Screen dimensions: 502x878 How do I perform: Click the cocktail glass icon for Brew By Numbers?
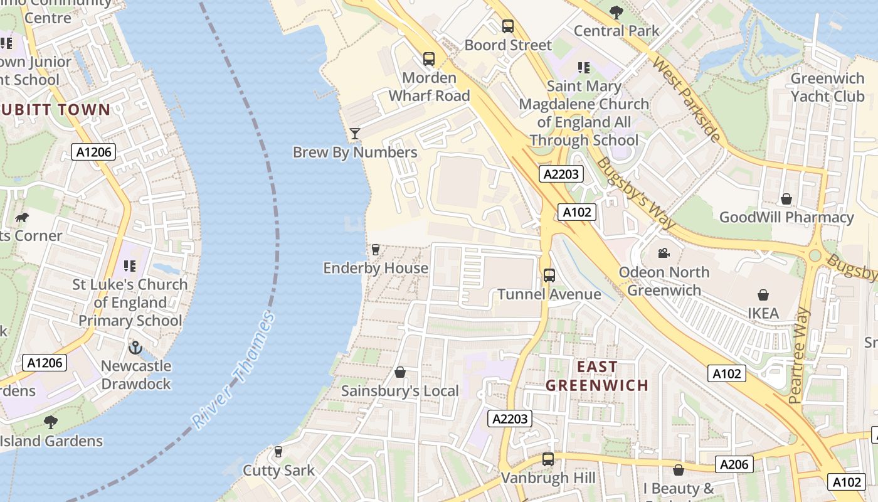click(x=355, y=133)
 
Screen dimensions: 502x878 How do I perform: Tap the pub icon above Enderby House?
click(x=375, y=250)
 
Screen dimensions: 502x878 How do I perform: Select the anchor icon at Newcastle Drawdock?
click(x=135, y=347)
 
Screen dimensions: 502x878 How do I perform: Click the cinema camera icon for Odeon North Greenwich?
click(x=664, y=254)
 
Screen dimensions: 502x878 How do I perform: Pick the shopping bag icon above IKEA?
click(x=763, y=295)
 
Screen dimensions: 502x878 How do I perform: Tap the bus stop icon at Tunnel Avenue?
click(x=549, y=275)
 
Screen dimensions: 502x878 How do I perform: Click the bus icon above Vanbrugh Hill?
click(x=548, y=459)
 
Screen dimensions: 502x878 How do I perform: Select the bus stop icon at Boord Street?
click(x=508, y=26)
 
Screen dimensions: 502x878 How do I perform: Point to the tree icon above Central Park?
click(x=616, y=12)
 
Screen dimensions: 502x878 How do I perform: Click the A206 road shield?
click(x=734, y=464)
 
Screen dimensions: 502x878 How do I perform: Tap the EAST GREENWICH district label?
click(x=596, y=376)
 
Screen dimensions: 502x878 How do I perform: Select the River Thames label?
click(x=235, y=370)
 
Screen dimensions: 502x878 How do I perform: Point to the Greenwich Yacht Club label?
click(x=827, y=87)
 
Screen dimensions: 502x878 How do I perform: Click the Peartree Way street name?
click(x=800, y=355)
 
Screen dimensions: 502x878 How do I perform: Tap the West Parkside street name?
click(x=686, y=99)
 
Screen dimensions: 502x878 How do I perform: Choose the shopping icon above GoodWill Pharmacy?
click(x=786, y=200)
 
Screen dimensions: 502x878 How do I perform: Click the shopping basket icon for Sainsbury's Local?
click(x=400, y=373)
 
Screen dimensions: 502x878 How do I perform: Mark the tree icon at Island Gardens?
click(x=51, y=422)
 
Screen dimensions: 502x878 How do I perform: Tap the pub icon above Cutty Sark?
click(x=278, y=452)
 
